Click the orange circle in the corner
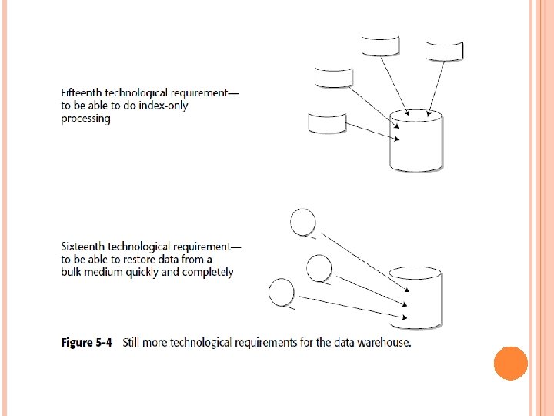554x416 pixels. [510, 363]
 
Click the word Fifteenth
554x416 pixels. [83, 93]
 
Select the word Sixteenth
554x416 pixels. [83, 247]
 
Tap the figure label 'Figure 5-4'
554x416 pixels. [87, 342]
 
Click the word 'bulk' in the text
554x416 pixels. [74, 272]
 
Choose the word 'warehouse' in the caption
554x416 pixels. [382, 342]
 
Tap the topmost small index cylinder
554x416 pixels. [381, 45]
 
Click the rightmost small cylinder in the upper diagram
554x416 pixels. [445, 50]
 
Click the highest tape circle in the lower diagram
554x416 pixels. [302, 222]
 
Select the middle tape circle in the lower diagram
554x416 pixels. [319, 268]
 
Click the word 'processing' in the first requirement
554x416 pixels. [86, 119]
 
